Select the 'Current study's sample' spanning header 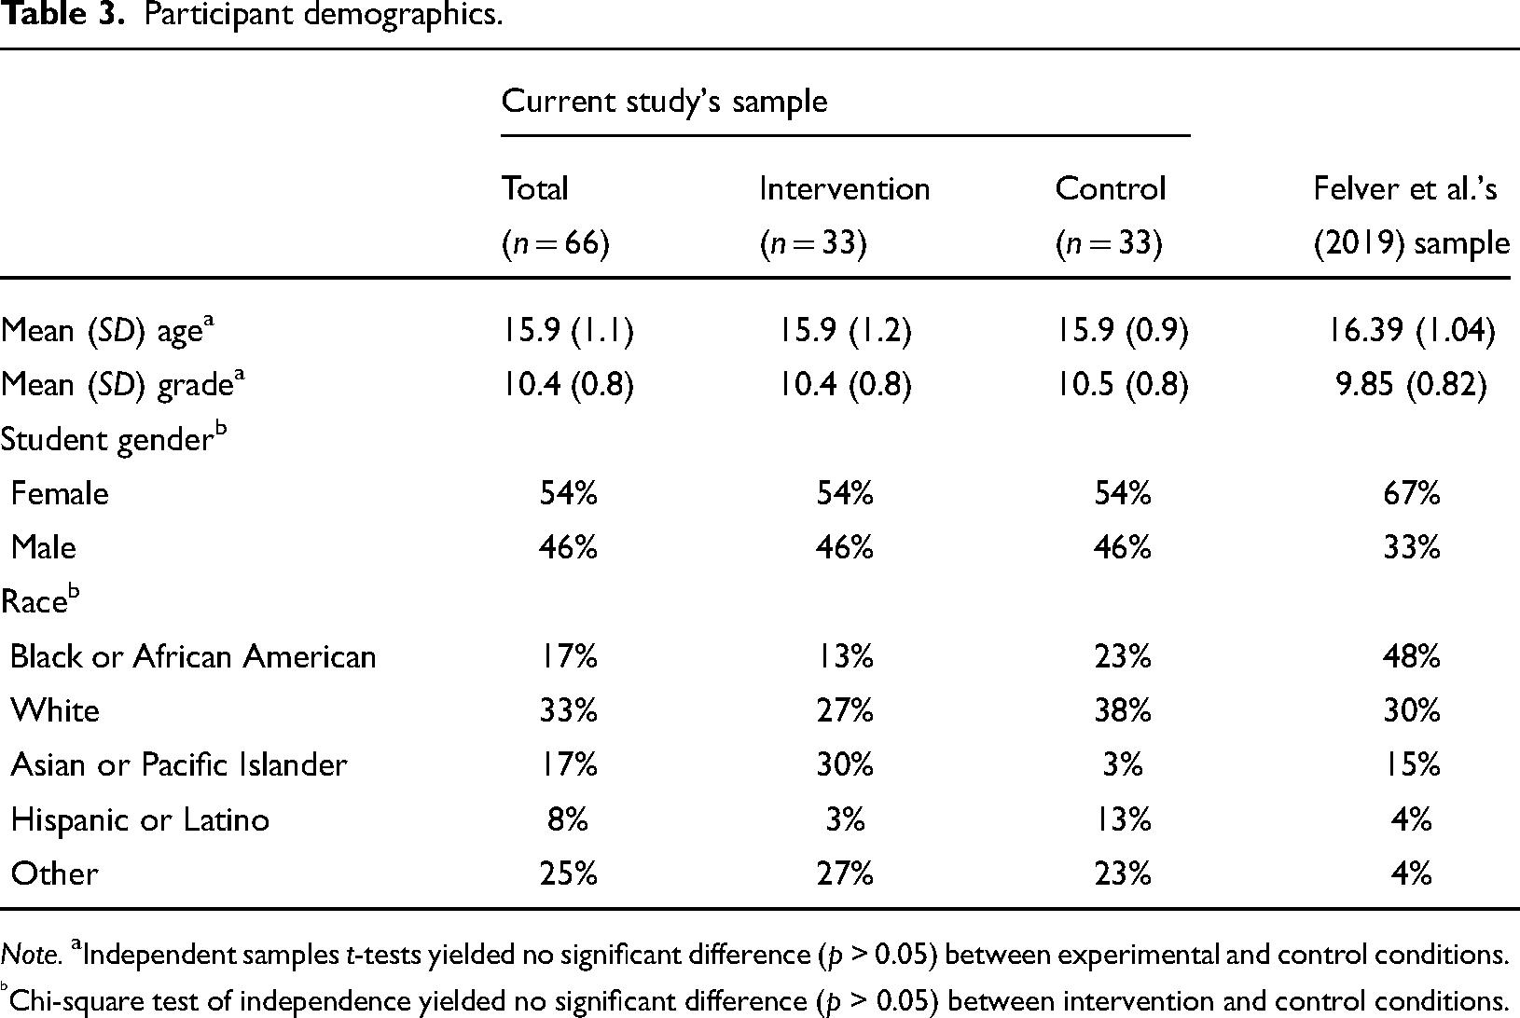(664, 103)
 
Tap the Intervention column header (844, 188)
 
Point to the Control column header (1110, 188)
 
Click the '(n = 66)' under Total (556, 242)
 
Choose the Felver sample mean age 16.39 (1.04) (1412, 330)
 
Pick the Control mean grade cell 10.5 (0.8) (1123, 385)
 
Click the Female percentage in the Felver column (1412, 493)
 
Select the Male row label (44, 547)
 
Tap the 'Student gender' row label (114, 438)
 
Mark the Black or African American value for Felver (1412, 656)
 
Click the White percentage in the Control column (1123, 710)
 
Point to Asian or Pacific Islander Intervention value (845, 765)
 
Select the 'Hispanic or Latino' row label (141, 819)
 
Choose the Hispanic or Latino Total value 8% (568, 819)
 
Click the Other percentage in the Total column (569, 874)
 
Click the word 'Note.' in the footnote (32, 955)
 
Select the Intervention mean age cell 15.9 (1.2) (845, 330)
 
